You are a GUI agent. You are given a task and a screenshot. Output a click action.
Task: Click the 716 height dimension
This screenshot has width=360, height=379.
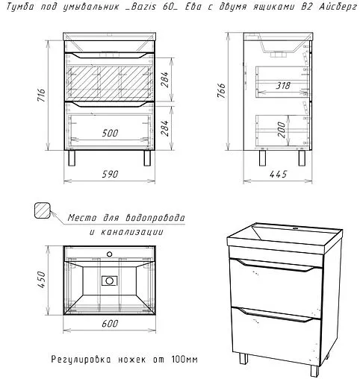[41, 95]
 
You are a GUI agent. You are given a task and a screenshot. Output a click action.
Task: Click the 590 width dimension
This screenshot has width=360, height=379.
[110, 174]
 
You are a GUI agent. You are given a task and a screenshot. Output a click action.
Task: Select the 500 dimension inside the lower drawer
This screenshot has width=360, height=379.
[110, 134]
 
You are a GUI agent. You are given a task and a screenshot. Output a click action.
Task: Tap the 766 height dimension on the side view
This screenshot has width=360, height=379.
[221, 90]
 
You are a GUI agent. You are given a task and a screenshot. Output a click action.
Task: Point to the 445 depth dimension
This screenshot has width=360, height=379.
[278, 174]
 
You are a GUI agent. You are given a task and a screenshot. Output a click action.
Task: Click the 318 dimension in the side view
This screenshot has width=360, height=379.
[283, 86]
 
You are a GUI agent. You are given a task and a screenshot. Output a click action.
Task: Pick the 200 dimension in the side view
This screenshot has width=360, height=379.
[282, 130]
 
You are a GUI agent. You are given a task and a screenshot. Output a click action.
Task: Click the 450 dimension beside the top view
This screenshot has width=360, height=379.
[41, 280]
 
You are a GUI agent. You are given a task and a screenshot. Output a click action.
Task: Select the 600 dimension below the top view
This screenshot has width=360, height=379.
[110, 323]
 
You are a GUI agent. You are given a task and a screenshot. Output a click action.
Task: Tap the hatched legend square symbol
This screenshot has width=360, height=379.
[43, 210]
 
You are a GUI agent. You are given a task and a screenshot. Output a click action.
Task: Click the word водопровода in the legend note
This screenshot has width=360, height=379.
[155, 218]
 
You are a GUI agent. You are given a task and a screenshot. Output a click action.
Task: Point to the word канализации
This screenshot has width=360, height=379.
[132, 232]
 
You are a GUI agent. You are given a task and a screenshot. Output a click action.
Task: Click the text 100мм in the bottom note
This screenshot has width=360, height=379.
[184, 360]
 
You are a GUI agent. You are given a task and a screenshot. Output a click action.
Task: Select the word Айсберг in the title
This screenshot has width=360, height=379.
[338, 7]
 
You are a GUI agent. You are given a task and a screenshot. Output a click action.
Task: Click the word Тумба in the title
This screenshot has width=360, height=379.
[20, 7]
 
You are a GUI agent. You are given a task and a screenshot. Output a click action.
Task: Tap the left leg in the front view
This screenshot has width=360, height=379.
[72, 158]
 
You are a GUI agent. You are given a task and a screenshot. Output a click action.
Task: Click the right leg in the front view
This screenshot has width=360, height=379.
[147, 158]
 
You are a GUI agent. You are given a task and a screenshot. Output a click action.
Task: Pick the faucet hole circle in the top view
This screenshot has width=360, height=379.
[109, 254]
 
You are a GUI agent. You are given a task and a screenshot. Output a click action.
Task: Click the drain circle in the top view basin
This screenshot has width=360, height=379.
[109, 281]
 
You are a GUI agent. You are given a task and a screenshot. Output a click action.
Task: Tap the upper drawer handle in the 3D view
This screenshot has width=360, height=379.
[276, 265]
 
